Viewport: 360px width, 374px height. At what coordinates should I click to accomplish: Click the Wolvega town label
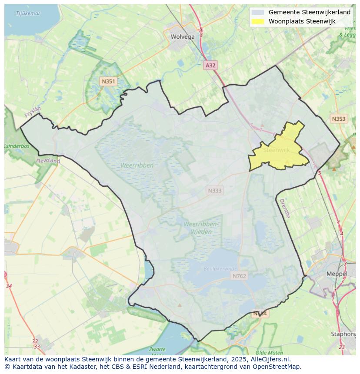point(183,37)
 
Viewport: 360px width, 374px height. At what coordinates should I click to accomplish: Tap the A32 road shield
point(210,65)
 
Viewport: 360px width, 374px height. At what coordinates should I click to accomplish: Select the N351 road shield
point(108,81)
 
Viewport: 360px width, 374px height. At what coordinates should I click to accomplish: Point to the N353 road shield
point(339,119)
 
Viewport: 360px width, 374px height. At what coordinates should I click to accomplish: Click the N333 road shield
point(214,190)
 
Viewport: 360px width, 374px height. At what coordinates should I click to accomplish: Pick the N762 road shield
point(239,276)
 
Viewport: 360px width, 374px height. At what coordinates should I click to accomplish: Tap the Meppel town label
point(337,274)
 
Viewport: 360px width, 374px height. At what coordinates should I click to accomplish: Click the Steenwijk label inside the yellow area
point(276,150)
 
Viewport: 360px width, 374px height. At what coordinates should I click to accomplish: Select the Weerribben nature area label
point(137,165)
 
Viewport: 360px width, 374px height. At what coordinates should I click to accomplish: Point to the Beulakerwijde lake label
point(220,269)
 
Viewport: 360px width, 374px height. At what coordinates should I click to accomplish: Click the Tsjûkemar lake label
point(28,13)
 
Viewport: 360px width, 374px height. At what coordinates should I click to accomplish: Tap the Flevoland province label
point(48,161)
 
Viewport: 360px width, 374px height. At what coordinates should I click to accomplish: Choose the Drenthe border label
point(284,208)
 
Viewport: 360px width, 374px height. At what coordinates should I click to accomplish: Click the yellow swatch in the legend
point(258,21)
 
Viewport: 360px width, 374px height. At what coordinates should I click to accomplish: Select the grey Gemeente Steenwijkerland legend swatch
point(258,13)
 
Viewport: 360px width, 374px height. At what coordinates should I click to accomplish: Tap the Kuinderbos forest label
point(17,146)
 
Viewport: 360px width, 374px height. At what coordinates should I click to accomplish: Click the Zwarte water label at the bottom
point(157,349)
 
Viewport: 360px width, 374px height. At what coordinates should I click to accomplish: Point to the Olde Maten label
point(270,353)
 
